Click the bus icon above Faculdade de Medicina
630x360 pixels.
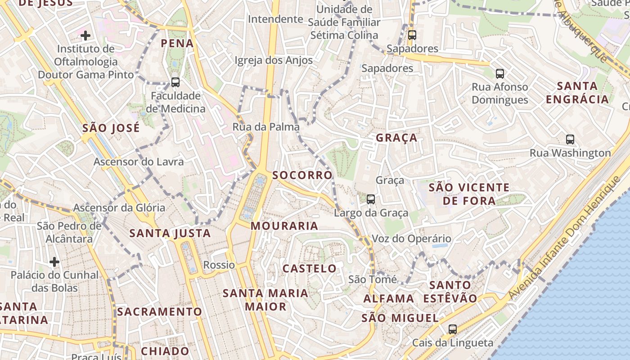[x=175, y=82]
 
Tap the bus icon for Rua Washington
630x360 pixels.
[x=570, y=139]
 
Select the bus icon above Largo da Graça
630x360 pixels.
[x=371, y=199]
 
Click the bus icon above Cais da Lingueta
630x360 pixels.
[x=453, y=329]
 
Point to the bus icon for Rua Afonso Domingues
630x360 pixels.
[x=499, y=73]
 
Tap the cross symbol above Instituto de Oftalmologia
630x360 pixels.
[x=85, y=35]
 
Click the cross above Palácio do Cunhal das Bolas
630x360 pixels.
[x=54, y=261]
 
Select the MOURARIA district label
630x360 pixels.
[x=284, y=226]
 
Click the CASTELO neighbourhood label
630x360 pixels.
[x=310, y=269]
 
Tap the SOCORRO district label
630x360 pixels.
[x=302, y=175]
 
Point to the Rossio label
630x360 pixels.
[x=219, y=265]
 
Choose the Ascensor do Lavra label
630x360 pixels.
[x=139, y=162]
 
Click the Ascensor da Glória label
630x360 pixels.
[x=119, y=208]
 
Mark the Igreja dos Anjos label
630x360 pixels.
[x=274, y=60]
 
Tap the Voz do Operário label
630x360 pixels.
[x=411, y=239]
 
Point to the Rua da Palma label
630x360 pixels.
[x=266, y=127]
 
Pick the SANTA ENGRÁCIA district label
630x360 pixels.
[x=577, y=92]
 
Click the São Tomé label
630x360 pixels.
[x=373, y=279]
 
